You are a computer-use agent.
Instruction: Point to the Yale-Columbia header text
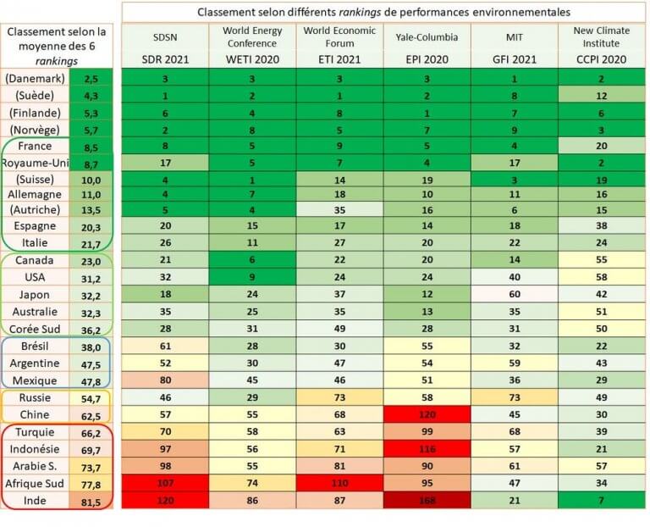point(426,38)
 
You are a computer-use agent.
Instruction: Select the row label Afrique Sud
point(36,483)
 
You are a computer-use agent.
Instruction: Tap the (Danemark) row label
point(36,78)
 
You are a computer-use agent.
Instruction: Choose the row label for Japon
point(36,294)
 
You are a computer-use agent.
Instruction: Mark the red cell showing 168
point(426,500)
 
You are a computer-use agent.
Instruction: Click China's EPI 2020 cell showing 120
point(426,414)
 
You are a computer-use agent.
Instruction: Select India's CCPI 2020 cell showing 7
point(600,500)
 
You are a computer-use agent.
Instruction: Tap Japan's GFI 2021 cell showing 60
point(513,294)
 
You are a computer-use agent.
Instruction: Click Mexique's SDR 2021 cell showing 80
point(165,380)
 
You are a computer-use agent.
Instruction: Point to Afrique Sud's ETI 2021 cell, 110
point(339,483)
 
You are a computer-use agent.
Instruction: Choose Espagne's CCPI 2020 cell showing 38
point(600,226)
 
